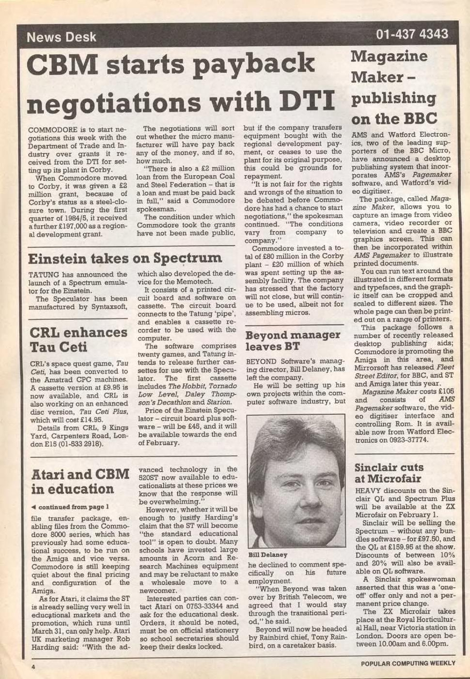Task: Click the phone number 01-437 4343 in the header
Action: click(412, 34)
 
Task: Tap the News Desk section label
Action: click(62, 37)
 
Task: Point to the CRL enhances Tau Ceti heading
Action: click(78, 339)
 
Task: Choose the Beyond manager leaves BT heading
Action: click(293, 340)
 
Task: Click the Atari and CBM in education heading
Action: click(80, 481)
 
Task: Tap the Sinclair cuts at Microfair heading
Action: click(389, 473)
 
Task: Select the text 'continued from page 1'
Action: click(73, 507)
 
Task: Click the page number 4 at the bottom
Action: click(33, 667)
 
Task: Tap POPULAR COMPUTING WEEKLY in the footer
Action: click(408, 663)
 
